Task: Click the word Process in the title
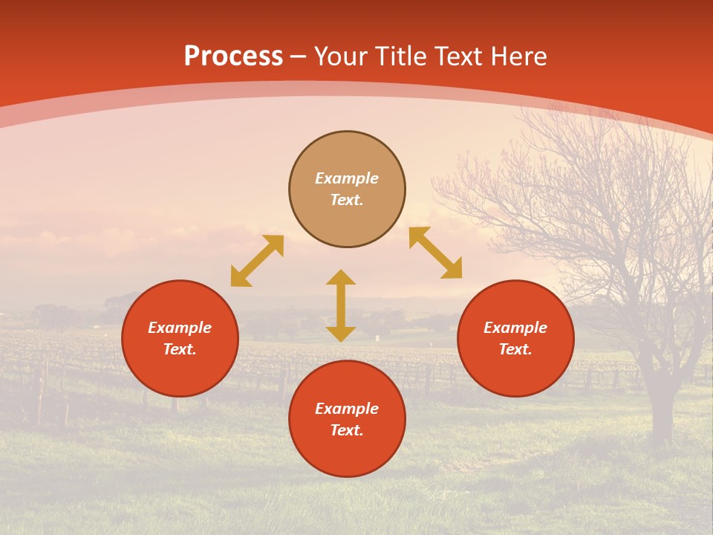233,56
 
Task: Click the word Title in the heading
401,56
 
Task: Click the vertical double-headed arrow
341,305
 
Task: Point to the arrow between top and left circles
257,261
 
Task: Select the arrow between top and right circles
435,253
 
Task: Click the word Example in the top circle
347,178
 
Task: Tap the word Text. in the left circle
180,349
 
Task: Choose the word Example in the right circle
515,328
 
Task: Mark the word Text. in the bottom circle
347,430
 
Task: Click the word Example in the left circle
180,328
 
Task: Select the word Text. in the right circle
515,349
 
